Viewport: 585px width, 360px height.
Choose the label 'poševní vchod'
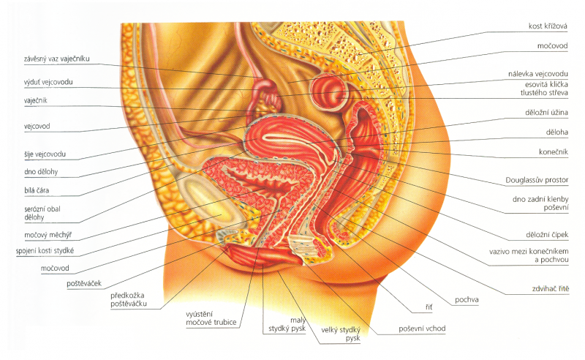coord(422,329)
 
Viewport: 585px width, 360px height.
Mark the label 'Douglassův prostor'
coord(537,179)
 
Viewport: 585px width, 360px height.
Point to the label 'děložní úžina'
coord(542,113)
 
